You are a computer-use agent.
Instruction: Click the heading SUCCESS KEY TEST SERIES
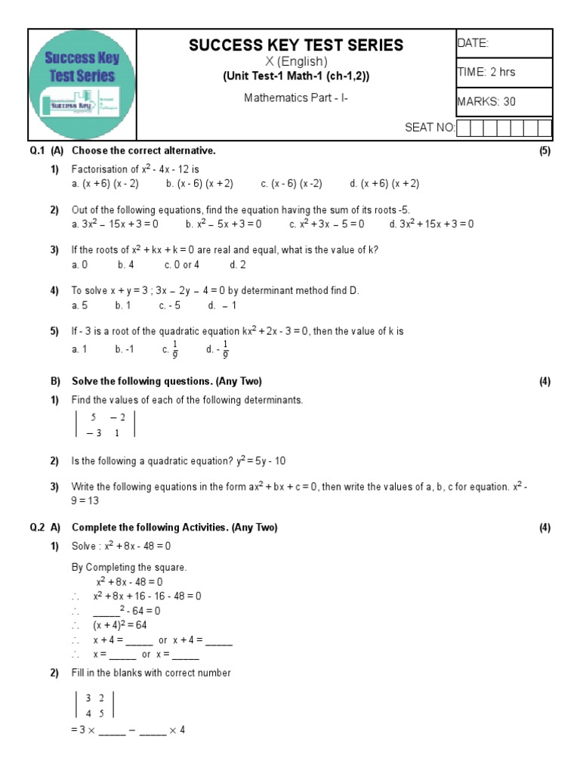(296, 45)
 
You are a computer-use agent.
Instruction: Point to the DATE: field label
(474, 44)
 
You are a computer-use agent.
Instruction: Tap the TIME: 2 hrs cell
(486, 73)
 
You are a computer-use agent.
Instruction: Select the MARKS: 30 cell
(487, 101)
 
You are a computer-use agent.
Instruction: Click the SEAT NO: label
(430, 128)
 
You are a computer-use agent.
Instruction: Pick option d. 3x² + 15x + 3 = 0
(431, 224)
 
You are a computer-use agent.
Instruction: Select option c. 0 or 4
(181, 265)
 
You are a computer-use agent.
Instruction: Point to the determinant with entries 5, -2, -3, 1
(105, 424)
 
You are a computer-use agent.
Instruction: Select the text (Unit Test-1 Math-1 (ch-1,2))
(296, 77)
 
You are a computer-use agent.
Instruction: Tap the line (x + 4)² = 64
(120, 626)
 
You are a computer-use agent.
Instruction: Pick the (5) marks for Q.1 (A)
(545, 151)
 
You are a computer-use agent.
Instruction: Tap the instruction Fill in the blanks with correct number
(151, 673)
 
